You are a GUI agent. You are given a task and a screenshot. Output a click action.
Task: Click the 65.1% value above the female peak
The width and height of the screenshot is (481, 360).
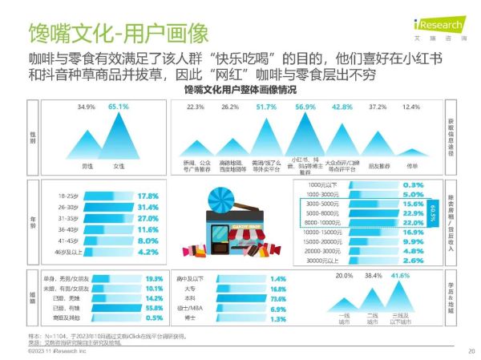tap(119, 106)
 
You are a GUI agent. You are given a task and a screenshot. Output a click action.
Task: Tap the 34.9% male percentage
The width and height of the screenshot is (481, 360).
tap(87, 106)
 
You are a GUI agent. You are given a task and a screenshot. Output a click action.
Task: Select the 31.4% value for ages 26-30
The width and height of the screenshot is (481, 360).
tap(148, 208)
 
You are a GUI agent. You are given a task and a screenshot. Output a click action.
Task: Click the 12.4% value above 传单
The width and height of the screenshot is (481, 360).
tap(410, 106)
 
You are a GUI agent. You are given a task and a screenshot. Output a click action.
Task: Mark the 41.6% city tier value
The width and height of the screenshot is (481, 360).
tap(395, 276)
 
